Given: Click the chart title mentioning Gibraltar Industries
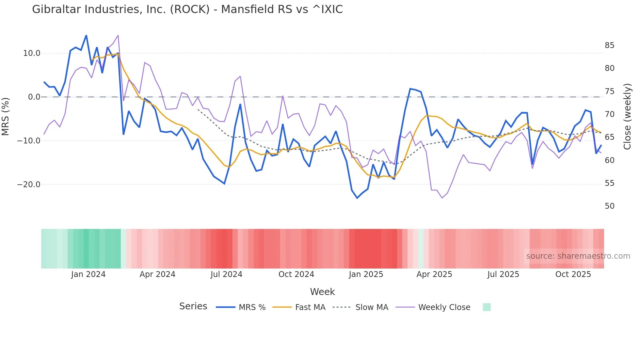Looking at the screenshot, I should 187,9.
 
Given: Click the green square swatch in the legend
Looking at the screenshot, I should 487,307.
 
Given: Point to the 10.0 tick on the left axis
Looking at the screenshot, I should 32,53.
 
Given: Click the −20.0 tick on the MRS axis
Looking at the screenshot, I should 29,185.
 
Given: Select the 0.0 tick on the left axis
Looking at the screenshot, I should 34,97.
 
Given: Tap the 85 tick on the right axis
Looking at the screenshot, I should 609,45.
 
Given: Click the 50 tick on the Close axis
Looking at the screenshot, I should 609,206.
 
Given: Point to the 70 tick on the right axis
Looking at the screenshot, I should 609,114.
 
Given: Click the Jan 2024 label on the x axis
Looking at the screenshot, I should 88,274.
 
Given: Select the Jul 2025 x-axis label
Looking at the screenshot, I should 503,274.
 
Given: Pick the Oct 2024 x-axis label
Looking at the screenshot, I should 296,274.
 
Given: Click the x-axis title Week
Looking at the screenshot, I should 322,292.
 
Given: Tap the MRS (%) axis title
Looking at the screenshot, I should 6,116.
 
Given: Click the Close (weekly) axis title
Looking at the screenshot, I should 627,117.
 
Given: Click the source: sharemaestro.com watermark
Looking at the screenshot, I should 578,256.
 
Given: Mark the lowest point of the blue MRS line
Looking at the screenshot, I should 357,198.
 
